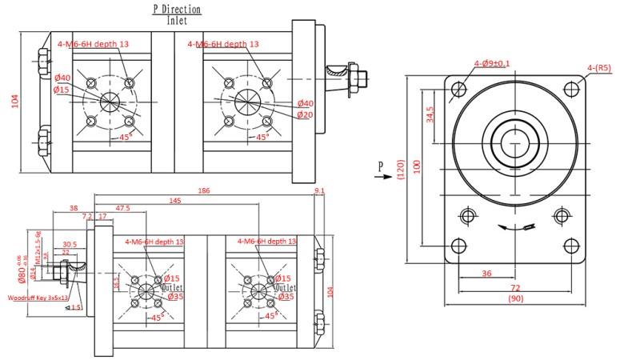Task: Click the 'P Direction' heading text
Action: [177, 10]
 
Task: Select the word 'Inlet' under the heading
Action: [178, 22]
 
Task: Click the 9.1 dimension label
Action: [320, 191]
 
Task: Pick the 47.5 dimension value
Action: [123, 208]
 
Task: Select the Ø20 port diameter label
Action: [305, 114]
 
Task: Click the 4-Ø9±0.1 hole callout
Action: [492, 63]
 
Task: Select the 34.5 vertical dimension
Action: [430, 114]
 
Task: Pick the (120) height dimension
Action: [401, 170]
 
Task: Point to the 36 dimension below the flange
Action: [487, 273]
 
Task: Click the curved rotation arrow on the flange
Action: [513, 227]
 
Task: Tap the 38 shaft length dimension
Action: [74, 208]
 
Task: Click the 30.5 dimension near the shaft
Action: [70, 244]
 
